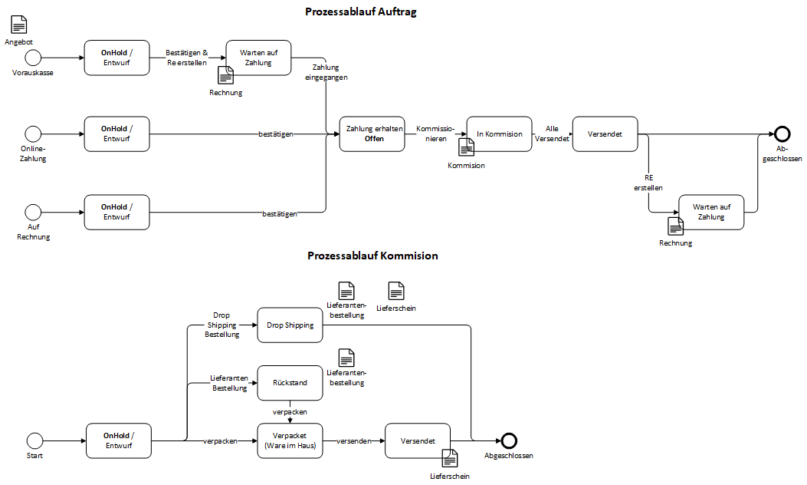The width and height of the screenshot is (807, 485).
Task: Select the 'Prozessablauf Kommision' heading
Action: coord(372,256)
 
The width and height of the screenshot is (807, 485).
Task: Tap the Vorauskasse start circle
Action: coord(33,58)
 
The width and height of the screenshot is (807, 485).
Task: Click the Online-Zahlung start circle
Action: coord(33,134)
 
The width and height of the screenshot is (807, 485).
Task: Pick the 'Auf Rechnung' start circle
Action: coord(33,212)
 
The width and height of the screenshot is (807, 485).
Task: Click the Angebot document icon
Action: coord(18,25)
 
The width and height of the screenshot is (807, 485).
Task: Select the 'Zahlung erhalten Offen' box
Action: coord(373,134)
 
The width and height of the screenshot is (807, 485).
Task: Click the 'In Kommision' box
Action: coord(499,134)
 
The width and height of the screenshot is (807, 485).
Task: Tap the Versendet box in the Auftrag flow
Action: coord(605,134)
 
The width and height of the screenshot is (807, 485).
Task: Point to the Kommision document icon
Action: coord(466,147)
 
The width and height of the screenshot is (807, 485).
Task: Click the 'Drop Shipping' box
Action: coord(290,325)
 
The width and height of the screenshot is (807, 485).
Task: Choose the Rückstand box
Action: coord(290,382)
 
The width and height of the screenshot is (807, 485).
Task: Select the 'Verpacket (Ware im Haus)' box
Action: coord(290,440)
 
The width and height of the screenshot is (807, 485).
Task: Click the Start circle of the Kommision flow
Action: coord(34,440)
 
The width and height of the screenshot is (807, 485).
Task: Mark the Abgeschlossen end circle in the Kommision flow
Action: coord(509,440)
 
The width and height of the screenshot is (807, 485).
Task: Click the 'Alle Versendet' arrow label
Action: coord(552,134)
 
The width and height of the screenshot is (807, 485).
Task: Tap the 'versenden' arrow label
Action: coord(353,441)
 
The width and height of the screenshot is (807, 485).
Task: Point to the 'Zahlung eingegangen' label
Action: coord(326,73)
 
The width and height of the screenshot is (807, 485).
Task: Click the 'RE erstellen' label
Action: coord(648,182)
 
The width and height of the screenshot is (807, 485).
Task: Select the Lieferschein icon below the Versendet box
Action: coord(450,458)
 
